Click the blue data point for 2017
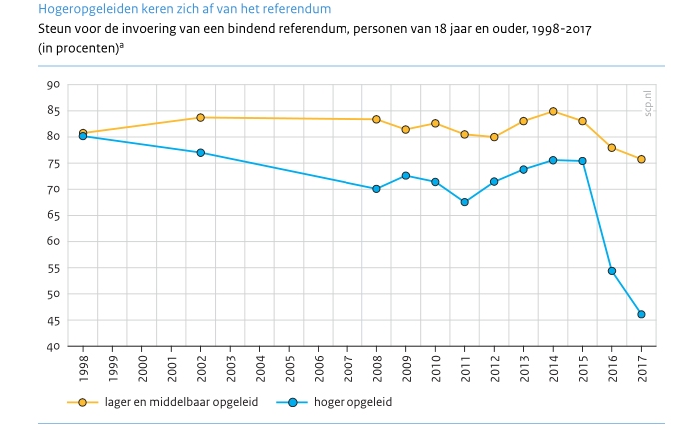tap(641, 314)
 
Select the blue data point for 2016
tap(612, 271)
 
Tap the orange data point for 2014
tap(553, 111)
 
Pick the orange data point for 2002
tap(201, 117)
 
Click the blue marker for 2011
tap(465, 202)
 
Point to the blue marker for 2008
tap(376, 189)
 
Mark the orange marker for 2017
tap(641, 159)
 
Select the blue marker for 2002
tap(201, 153)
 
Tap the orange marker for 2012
tap(494, 137)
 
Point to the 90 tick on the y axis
tap(54, 85)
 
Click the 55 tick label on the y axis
tap(54, 268)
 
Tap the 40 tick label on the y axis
tap(54, 346)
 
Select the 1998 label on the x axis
tap(83, 368)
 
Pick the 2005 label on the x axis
tap(289, 368)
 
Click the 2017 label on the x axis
tap(641, 368)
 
